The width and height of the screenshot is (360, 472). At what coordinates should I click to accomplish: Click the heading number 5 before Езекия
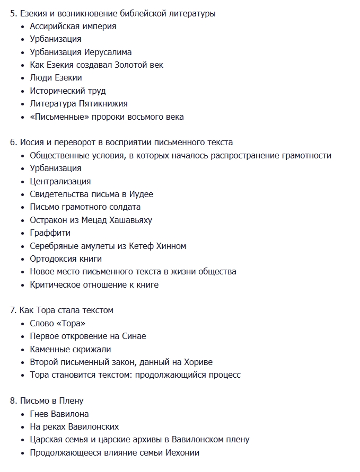13,13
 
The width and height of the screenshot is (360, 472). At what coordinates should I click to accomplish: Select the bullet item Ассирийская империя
73,26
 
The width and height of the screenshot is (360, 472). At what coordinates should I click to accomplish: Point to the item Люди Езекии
56,78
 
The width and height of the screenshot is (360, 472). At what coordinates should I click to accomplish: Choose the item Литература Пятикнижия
78,104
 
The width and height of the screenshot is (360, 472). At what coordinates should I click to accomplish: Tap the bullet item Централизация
60,181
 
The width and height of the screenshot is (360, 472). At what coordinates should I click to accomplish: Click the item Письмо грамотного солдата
85,207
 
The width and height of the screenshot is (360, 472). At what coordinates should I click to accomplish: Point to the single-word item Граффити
50,233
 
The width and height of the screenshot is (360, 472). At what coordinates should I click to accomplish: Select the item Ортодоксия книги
66,259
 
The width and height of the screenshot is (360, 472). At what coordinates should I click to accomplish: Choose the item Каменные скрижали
71,350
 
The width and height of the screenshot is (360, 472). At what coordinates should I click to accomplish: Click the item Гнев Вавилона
59,414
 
